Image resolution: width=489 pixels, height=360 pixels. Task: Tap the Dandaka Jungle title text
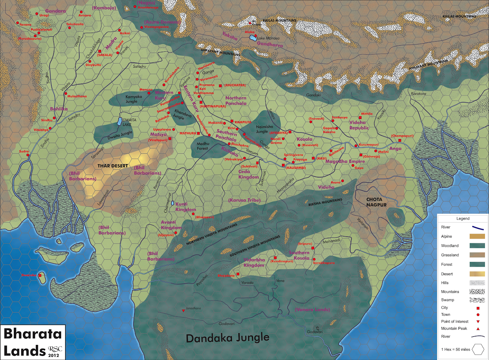point(228,338)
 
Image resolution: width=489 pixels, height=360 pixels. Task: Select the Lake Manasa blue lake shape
point(253,38)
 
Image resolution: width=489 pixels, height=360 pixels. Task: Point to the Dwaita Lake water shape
point(119,121)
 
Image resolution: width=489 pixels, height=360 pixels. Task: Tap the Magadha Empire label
point(345,161)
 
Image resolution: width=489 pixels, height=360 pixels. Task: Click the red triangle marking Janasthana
point(184,312)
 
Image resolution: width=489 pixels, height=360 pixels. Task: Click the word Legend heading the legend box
point(463,219)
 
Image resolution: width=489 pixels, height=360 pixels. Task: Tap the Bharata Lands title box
point(33,342)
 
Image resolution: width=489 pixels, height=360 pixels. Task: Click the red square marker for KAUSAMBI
point(284,164)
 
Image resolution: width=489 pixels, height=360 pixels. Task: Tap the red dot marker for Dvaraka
point(41,275)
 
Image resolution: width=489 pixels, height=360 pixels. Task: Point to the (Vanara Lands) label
point(312,310)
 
